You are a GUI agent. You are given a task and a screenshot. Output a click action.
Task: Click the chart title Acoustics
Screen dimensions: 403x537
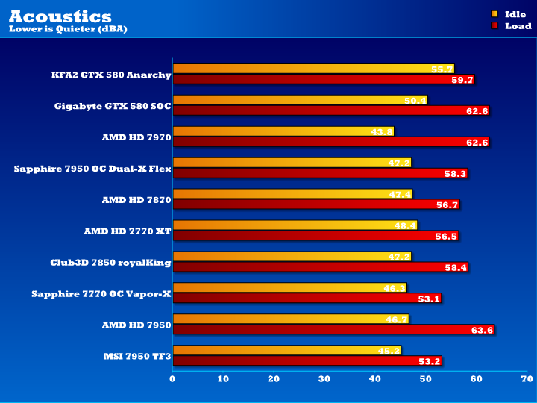60,16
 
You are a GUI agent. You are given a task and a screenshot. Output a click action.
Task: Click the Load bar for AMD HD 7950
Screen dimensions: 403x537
333,330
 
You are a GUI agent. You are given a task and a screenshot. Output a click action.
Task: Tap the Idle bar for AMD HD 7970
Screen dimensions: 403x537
283,131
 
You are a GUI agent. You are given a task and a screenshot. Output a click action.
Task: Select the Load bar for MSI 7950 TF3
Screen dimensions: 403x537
307,361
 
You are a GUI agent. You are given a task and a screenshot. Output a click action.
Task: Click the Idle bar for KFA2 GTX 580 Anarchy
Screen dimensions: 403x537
313,69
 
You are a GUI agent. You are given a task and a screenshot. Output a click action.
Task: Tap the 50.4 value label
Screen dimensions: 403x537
416,101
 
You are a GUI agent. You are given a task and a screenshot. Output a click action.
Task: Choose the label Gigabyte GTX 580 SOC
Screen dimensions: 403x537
113,106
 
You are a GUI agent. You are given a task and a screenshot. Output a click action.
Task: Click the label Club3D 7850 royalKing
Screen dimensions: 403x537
110,263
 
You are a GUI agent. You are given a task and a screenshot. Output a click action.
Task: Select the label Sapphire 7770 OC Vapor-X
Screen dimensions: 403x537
101,294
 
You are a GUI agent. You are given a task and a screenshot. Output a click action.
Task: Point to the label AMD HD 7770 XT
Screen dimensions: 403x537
128,231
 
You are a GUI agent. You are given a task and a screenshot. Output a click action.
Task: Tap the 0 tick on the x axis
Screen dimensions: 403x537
173,379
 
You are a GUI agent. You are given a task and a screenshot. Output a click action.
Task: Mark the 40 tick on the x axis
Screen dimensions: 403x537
374,379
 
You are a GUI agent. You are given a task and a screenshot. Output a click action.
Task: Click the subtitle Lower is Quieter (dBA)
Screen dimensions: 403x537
68,29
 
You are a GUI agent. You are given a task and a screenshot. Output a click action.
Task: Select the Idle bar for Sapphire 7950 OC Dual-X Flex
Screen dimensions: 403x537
292,163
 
